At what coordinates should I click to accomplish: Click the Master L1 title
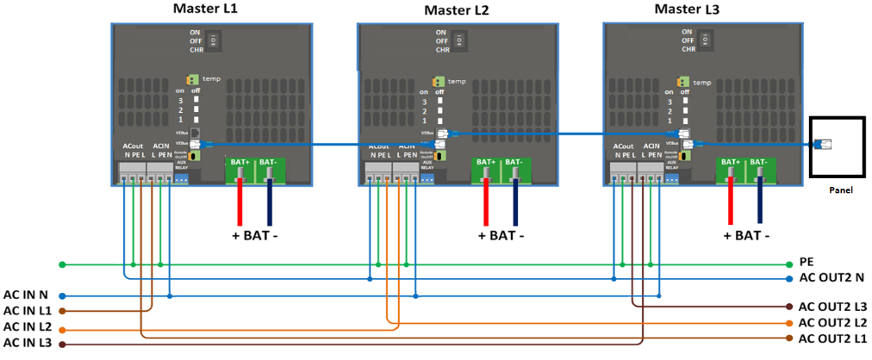tap(205, 9)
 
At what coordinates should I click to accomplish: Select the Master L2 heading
tap(457, 10)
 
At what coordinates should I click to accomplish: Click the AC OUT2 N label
tap(832, 278)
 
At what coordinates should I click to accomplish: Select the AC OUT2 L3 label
tap(833, 307)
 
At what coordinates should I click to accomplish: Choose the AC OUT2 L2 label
tap(833, 322)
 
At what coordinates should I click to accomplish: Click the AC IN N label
tap(26, 295)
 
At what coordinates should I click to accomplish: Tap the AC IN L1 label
tap(28, 310)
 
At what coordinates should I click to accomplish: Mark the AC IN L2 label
tap(28, 327)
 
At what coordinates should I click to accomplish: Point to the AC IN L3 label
tap(28, 344)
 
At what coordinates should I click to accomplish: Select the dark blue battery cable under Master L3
tap(761, 201)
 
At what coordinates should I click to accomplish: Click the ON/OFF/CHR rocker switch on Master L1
tap(220, 40)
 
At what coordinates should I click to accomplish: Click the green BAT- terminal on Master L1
tap(268, 168)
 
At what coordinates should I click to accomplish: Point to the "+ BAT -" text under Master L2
tap(501, 235)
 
